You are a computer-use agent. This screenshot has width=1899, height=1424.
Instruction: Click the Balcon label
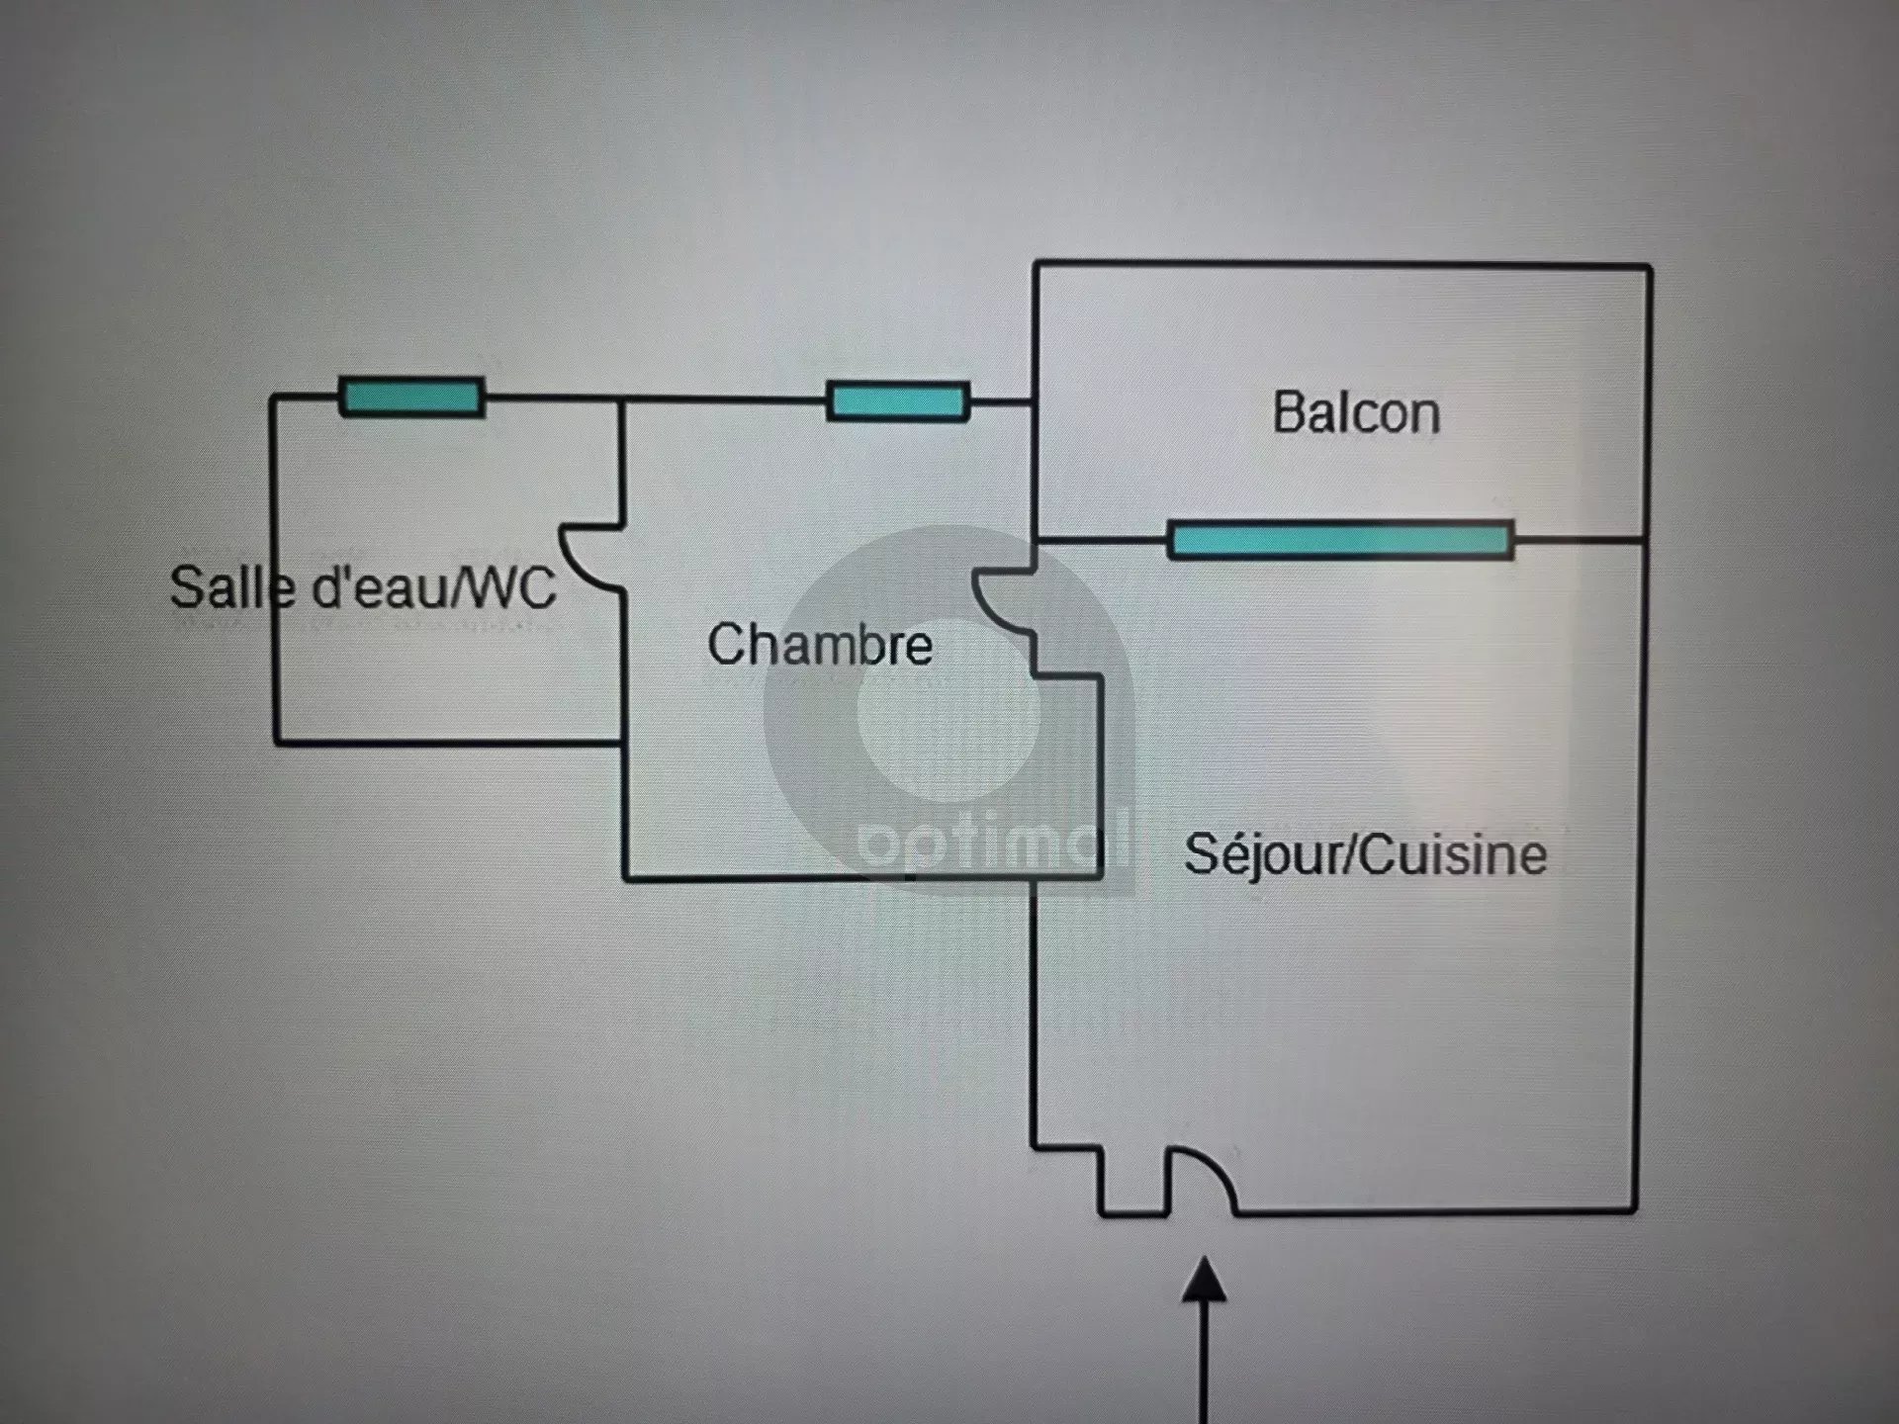1356,413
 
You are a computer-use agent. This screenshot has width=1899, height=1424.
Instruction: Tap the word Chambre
820,644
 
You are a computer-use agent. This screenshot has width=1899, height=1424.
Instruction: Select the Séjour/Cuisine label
1365,854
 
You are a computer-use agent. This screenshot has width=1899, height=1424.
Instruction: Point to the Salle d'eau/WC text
363,587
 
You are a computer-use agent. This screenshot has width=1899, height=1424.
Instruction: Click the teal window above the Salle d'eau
411,397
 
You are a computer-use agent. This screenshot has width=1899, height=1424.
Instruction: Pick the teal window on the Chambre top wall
897,401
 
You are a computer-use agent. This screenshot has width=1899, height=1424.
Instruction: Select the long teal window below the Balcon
1340,540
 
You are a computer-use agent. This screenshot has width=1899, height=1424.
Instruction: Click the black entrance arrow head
1205,1279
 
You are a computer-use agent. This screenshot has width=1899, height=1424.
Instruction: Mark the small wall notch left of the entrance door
1133,1182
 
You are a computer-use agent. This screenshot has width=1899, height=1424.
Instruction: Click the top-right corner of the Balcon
1649,267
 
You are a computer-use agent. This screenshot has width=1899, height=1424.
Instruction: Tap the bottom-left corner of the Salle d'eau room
275,742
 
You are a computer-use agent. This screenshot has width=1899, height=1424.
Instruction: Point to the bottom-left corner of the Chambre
625,877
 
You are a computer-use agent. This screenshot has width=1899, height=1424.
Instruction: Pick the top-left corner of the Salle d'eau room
273,398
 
